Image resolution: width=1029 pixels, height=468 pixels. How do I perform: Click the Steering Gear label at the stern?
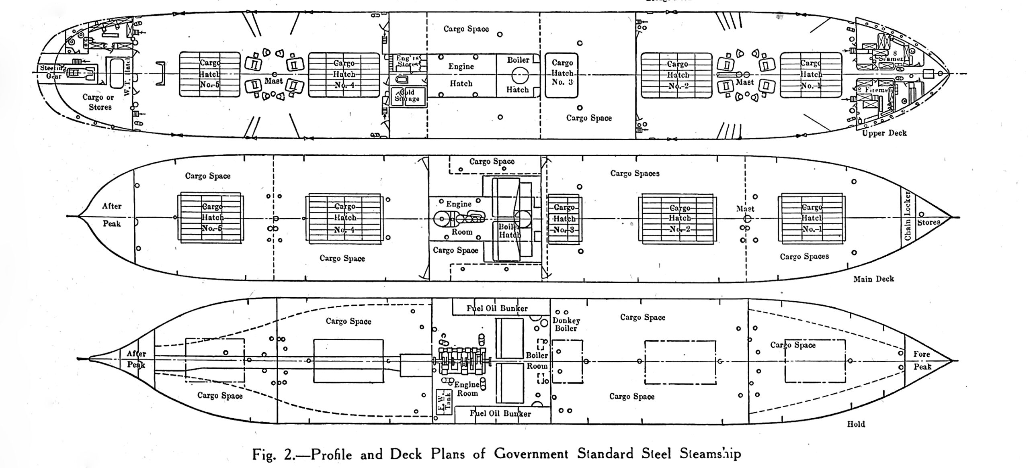point(51,72)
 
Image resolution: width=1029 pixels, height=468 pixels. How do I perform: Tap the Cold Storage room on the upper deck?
point(407,96)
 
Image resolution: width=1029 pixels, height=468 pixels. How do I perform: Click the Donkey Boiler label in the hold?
point(566,324)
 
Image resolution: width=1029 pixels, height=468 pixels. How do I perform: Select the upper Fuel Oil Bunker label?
point(497,308)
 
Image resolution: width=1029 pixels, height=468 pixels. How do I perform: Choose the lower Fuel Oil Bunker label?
point(500,413)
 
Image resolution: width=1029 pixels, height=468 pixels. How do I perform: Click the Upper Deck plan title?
point(884,133)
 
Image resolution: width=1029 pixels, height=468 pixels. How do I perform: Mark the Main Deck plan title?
point(873,278)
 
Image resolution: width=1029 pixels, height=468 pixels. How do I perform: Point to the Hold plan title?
point(856,424)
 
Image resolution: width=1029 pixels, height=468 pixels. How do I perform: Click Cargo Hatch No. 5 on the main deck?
point(211,217)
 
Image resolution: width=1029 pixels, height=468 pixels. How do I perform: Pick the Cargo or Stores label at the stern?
point(98,102)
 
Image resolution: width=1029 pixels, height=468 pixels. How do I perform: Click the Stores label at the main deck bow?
point(929,222)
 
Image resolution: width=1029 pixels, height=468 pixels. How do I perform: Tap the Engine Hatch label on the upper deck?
point(461,75)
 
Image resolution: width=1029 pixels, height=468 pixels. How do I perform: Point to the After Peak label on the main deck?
point(112,215)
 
